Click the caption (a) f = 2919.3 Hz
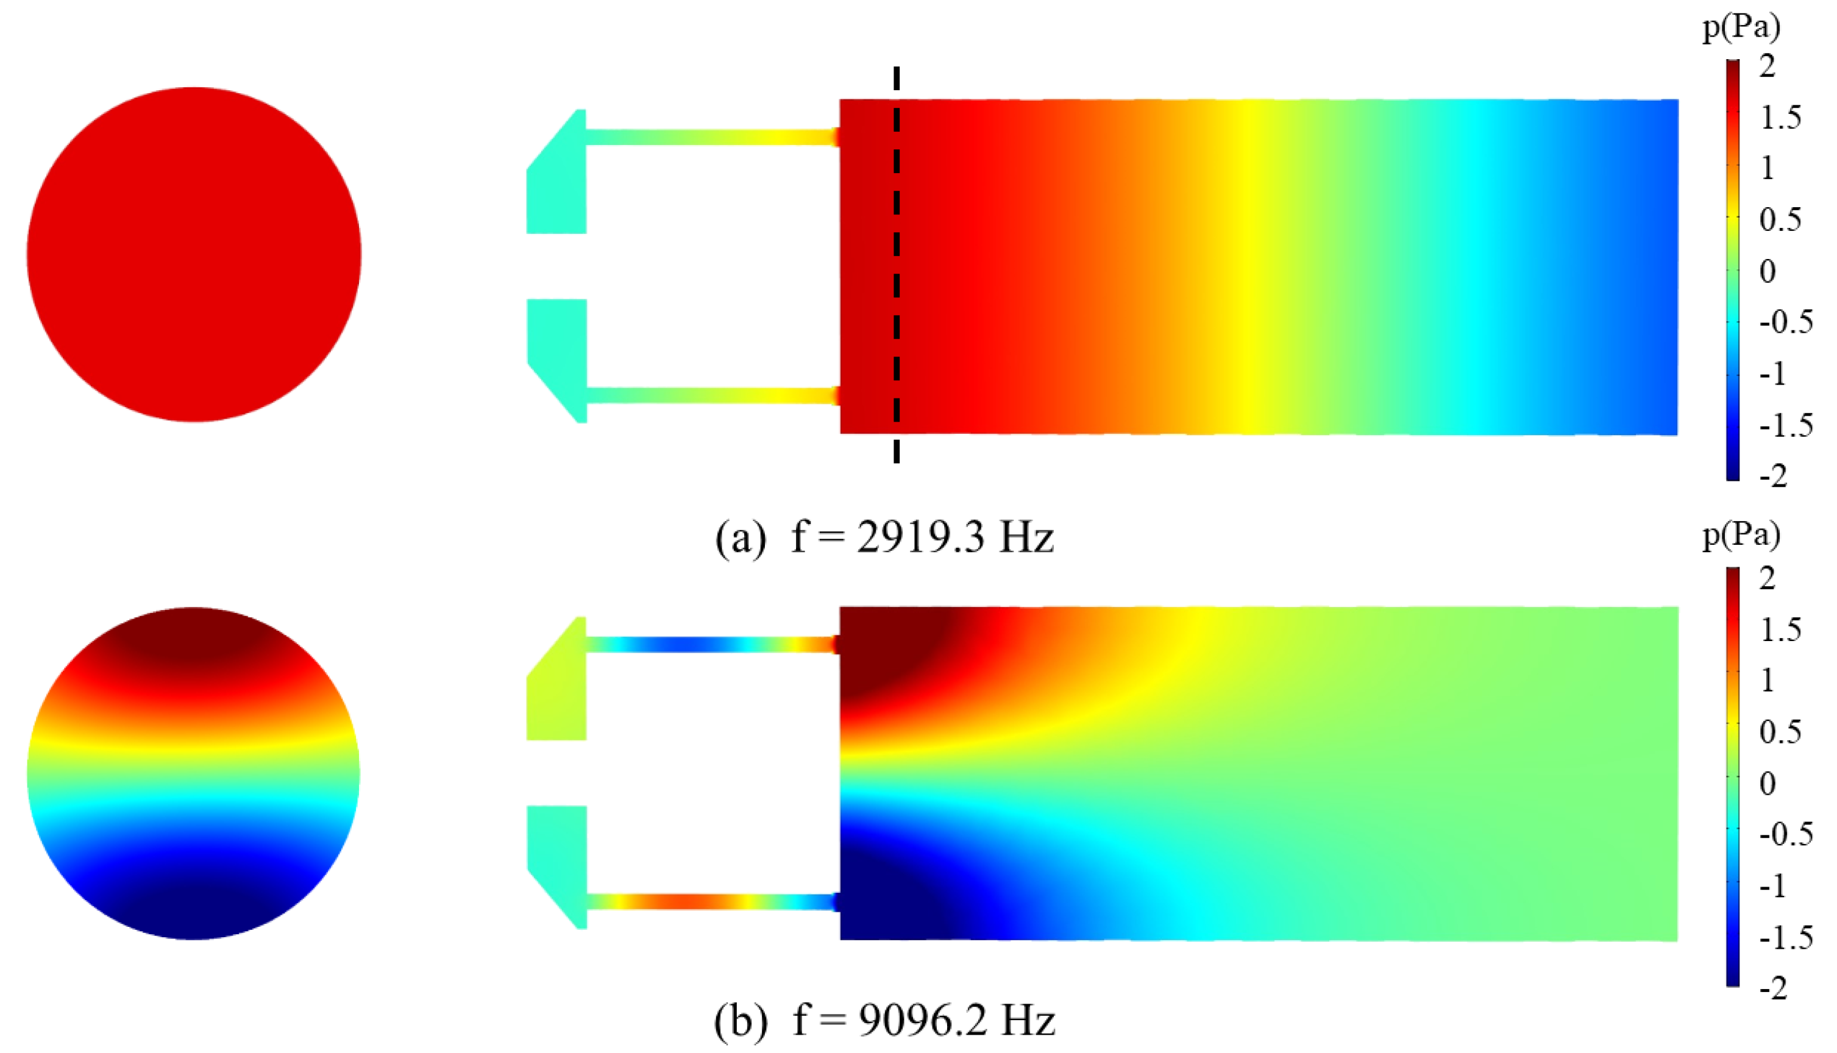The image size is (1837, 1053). pyautogui.click(x=884, y=538)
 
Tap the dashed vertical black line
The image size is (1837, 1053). pyautogui.click(x=897, y=264)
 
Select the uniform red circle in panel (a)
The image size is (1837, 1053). pyautogui.click(x=194, y=255)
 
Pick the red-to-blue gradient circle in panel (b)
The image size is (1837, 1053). pyautogui.click(x=194, y=773)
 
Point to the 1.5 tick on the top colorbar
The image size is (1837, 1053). pyautogui.click(x=1780, y=118)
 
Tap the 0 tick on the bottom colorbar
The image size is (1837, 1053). pyautogui.click(x=1768, y=783)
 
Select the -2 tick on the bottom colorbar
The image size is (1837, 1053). pyautogui.click(x=1774, y=988)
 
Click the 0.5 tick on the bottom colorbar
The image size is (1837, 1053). pyautogui.click(x=1780, y=732)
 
